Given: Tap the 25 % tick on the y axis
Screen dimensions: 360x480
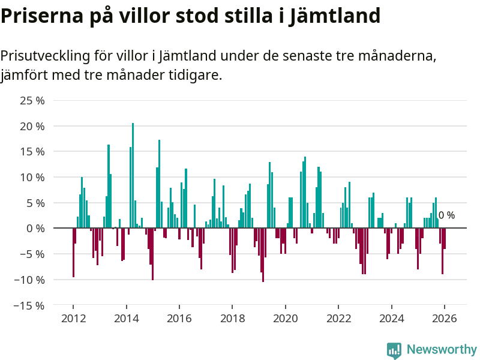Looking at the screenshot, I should (x=32, y=101).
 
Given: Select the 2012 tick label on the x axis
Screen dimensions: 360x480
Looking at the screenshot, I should (x=73, y=318).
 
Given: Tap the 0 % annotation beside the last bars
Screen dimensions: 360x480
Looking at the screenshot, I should (x=446, y=215).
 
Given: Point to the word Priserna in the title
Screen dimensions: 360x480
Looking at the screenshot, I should (x=37, y=15).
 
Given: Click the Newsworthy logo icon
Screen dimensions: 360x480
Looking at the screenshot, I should (x=394, y=350).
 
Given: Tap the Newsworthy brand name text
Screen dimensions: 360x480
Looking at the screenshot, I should (x=441, y=349).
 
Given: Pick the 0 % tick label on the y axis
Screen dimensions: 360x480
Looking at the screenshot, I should (x=35, y=229).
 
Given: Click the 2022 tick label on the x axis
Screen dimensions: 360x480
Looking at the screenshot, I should (x=338, y=318).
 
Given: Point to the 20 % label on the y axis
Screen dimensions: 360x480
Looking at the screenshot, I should (x=32, y=127).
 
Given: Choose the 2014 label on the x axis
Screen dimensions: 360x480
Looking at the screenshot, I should (x=126, y=318).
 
